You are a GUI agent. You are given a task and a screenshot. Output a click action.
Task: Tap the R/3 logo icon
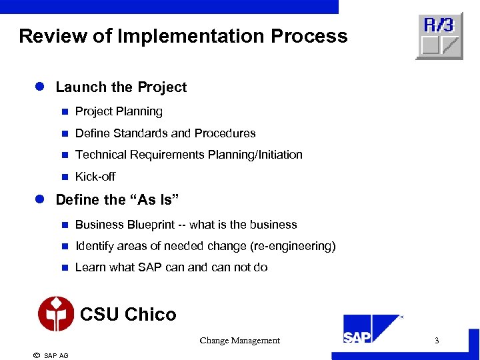pos(439,36)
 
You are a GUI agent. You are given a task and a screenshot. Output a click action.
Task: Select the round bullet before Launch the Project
pos(39,87)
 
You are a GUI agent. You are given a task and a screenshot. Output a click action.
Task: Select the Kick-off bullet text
pos(95,177)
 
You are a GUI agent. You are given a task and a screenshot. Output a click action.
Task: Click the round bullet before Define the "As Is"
pos(39,200)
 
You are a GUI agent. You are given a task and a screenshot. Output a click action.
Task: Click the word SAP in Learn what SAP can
pos(150,267)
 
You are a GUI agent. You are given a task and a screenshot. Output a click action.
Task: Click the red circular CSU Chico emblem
pos(56,314)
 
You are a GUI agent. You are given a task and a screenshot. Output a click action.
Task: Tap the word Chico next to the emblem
pos(151,315)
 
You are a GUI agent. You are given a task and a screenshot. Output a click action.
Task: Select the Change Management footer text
pos(239,341)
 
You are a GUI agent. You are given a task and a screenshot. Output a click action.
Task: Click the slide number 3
pos(437,341)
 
